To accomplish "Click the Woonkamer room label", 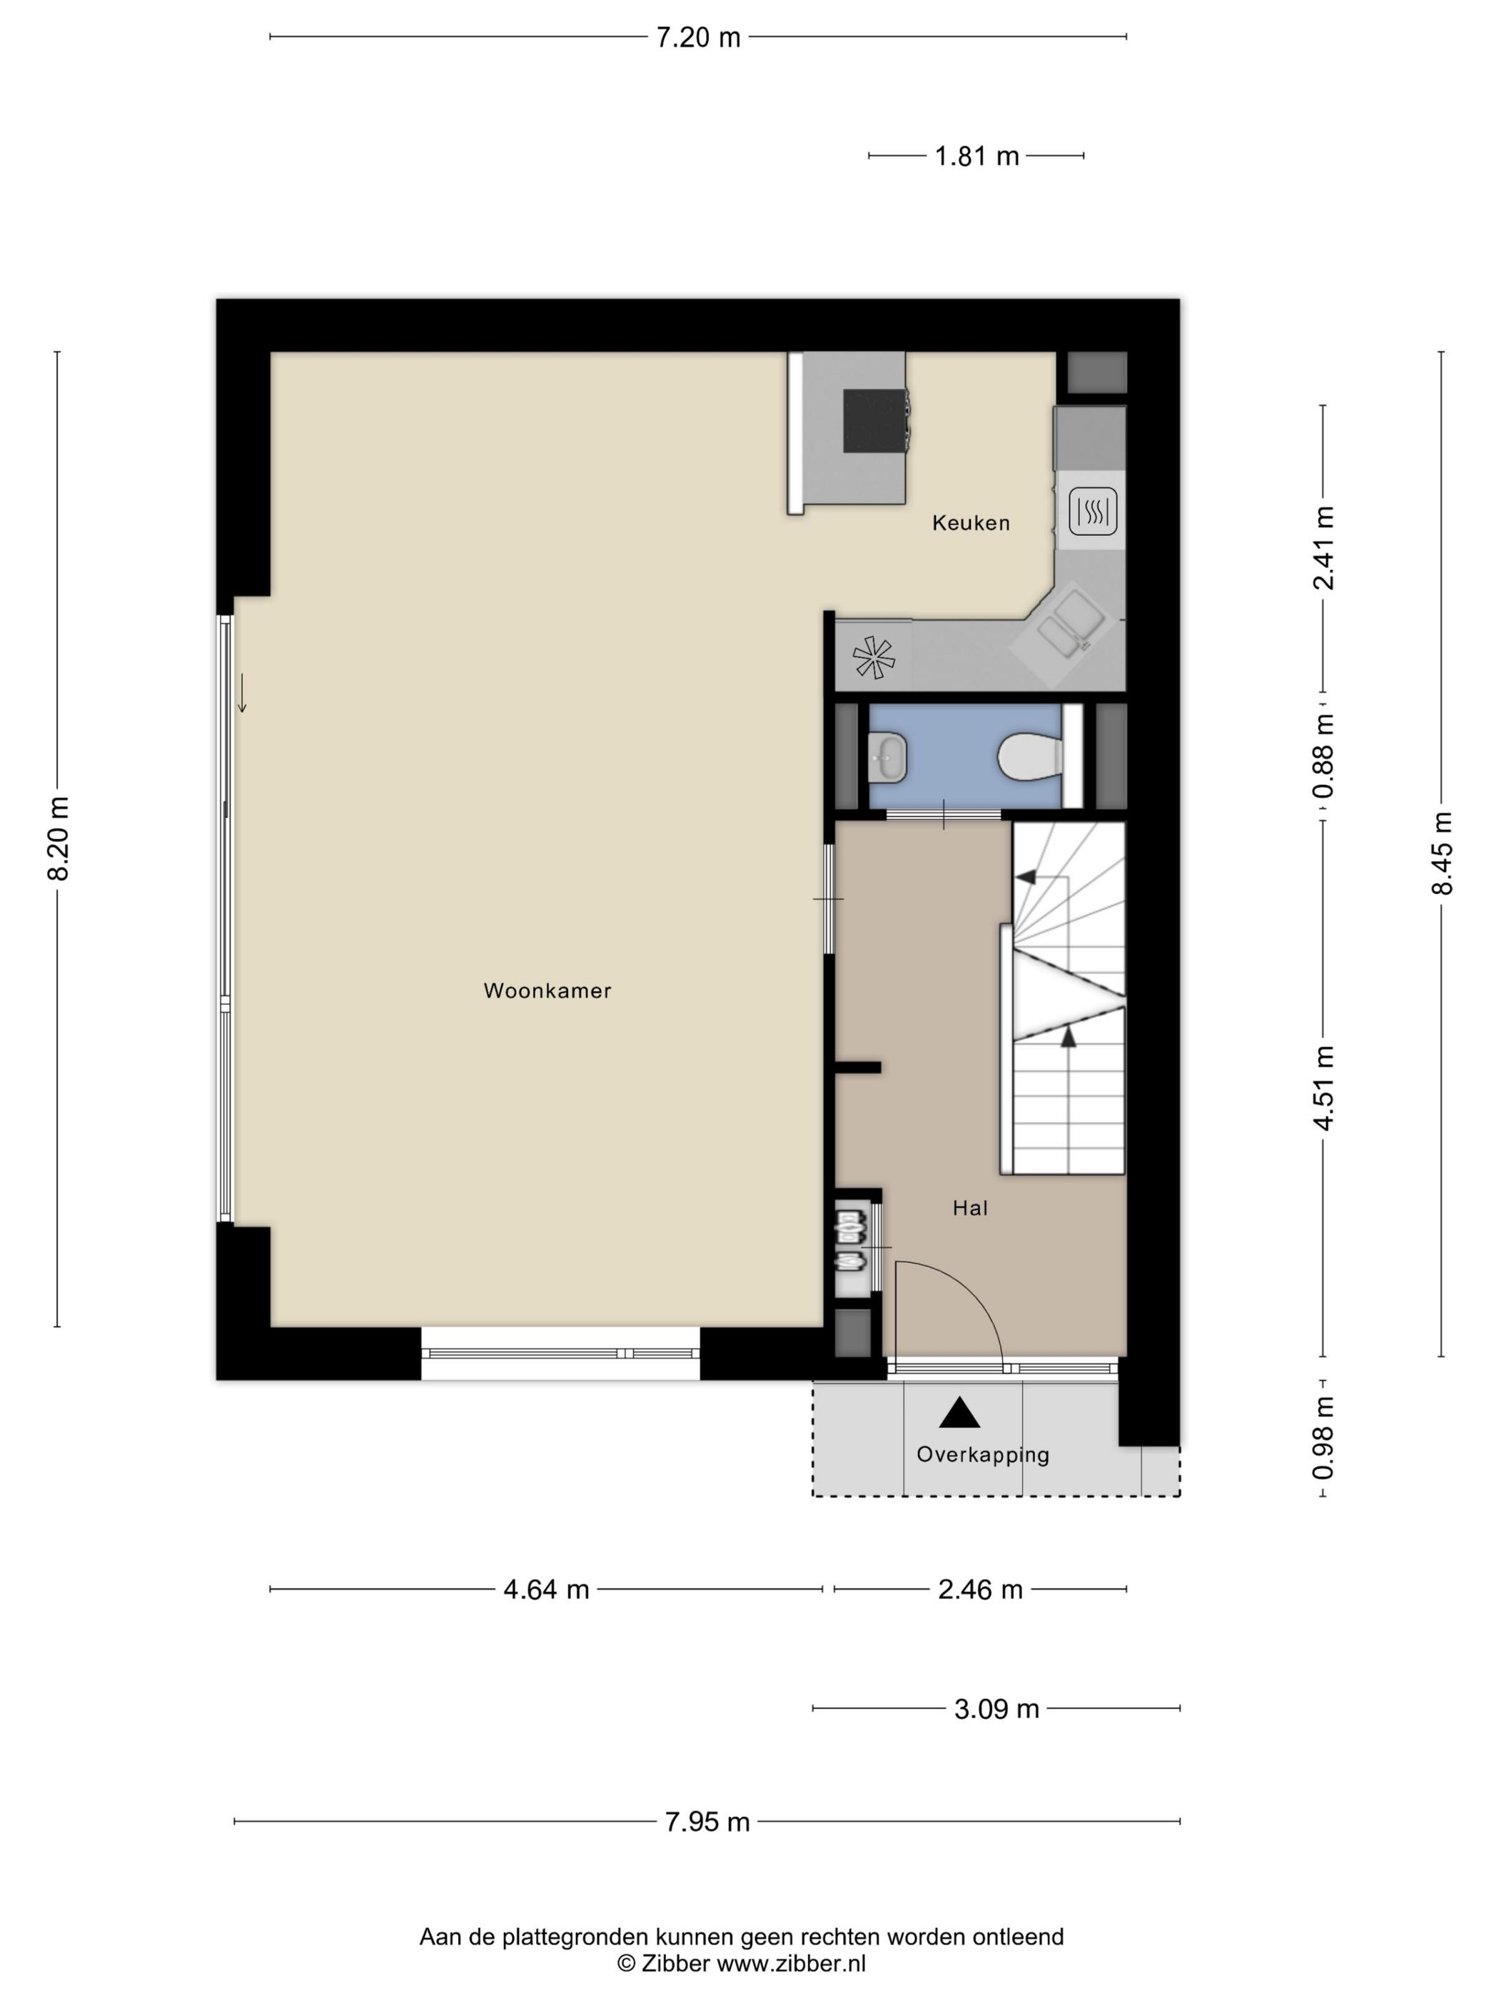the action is [x=547, y=991].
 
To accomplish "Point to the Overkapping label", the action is [x=982, y=1454].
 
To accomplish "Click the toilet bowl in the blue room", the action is [x=1029, y=755].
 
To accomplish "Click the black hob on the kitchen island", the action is [x=874, y=420].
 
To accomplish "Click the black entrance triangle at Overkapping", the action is [x=959, y=1414].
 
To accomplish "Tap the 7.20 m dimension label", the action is [x=697, y=38].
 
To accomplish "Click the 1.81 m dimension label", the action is [x=976, y=156].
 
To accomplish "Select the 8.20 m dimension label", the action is [x=59, y=838].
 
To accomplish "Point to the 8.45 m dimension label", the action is [x=1441, y=853].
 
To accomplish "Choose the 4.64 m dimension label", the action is [x=546, y=1590].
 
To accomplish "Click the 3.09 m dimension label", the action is [x=996, y=1709].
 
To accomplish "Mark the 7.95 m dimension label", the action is [x=707, y=1822].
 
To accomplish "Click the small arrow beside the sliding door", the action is [x=242, y=693].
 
